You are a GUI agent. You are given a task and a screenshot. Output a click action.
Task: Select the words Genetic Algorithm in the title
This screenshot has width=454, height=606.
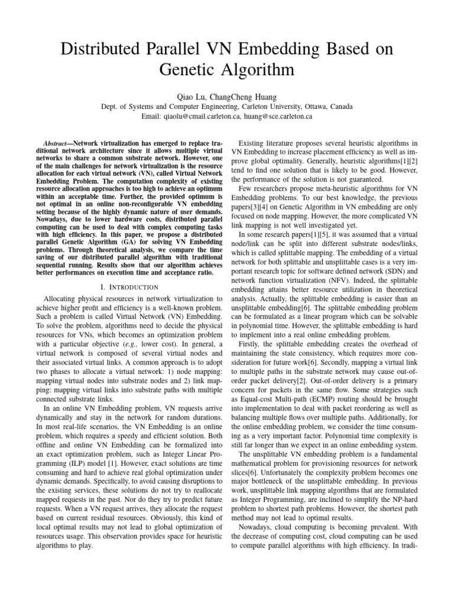tap(227, 70)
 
